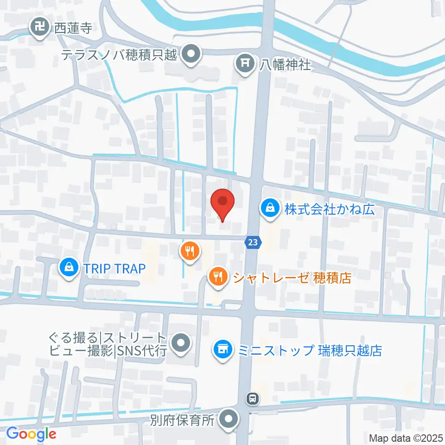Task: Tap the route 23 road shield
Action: point(252,242)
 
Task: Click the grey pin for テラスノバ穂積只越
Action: point(191,55)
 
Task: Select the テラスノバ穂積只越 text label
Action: point(120,55)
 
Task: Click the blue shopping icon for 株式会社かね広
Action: point(269,209)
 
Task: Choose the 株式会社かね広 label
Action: point(329,210)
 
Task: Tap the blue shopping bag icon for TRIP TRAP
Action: point(69,268)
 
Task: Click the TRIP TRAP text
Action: point(114,268)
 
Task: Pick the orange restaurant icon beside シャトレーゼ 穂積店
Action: point(217,277)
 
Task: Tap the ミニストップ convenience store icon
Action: point(222,349)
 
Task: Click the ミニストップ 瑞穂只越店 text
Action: point(310,350)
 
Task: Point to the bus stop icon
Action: point(252,397)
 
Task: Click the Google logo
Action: point(31,434)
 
